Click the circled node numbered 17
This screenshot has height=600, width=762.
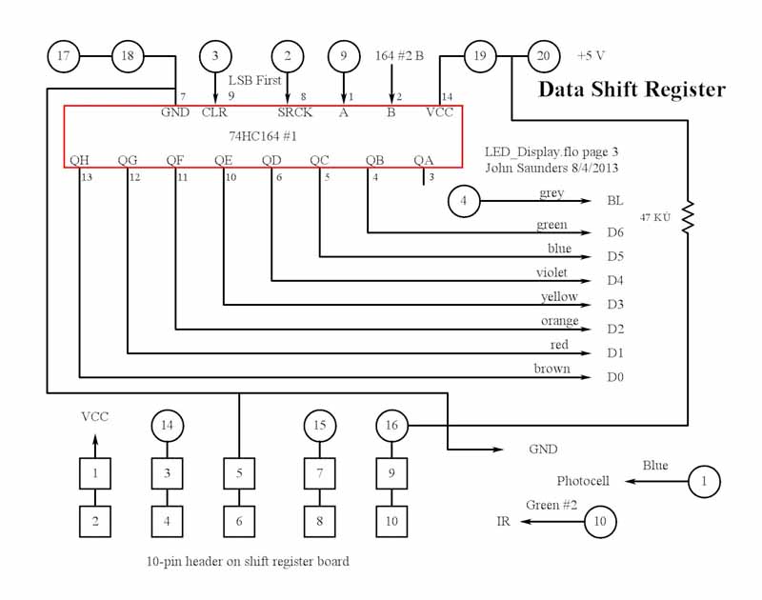[x=64, y=56]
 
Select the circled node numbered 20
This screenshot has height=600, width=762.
[x=544, y=56]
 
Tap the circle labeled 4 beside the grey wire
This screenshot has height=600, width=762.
[x=463, y=201]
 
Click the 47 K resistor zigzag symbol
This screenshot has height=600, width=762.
[x=688, y=216]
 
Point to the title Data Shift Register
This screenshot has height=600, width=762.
[x=632, y=90]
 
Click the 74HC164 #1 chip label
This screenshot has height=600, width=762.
[x=263, y=136]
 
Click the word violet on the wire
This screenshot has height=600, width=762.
[x=551, y=273]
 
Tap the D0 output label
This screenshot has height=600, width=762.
[x=614, y=377]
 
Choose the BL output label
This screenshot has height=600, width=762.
[x=614, y=202]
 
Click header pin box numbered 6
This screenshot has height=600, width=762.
[x=239, y=521]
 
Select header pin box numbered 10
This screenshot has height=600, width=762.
[x=391, y=521]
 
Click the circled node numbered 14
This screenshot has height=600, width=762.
[x=168, y=425]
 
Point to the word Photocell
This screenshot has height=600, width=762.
[x=583, y=481]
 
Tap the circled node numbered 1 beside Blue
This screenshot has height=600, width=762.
[x=703, y=481]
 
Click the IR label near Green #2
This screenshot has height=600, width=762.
[x=503, y=522]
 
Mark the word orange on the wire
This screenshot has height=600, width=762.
[x=559, y=321]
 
